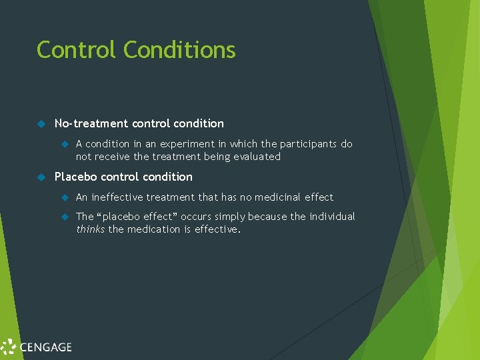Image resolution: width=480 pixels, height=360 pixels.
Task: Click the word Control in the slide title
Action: pyautogui.click(x=77, y=50)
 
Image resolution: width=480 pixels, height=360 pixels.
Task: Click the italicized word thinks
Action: pyautogui.click(x=90, y=229)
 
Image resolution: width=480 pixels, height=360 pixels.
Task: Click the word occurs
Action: pyautogui.click(x=195, y=217)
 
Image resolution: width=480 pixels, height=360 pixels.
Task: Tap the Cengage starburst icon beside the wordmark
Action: pyautogui.click(x=9, y=347)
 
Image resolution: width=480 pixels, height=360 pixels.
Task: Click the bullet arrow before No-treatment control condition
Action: pyautogui.click(x=41, y=124)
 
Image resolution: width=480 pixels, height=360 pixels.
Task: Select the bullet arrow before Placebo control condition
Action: pyautogui.click(x=41, y=177)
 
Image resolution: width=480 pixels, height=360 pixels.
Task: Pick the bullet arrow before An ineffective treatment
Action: pyautogui.click(x=65, y=197)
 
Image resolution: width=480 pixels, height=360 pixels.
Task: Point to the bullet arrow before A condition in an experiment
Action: pyautogui.click(x=65, y=144)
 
